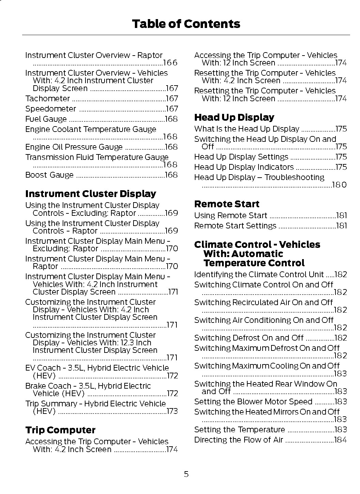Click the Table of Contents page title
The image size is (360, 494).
coord(186,24)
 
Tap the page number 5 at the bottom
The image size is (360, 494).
coord(186,474)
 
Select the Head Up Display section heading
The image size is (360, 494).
coord(234,117)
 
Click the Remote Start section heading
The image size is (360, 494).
coord(226,204)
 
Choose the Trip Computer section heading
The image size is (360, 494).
coord(60,430)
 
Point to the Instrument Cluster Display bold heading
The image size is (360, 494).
coord(91,194)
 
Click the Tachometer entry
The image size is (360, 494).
coord(47,99)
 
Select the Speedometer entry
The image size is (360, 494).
coord(50,109)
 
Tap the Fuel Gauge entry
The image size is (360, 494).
coord(46,119)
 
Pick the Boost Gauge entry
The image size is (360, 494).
coord(49,175)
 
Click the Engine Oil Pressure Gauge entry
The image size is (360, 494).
coord(74,147)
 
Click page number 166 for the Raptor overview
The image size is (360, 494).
coord(170,63)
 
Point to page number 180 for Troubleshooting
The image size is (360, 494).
coord(340,185)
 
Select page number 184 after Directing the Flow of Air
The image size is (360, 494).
coord(340,440)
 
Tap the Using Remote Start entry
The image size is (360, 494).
coord(231,215)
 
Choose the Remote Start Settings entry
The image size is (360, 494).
coord(235,226)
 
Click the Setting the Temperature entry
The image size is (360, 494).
coord(239,430)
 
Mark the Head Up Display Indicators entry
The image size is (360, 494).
coord(244,167)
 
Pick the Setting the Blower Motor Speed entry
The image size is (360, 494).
coord(253,402)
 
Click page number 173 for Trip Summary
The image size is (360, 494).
coord(172,411)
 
